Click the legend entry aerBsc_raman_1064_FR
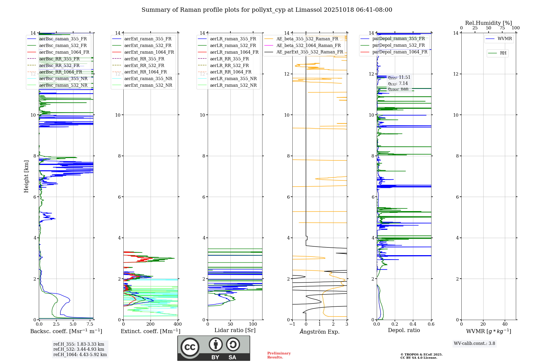pyautogui.click(x=64, y=52)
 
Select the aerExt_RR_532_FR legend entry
pyautogui.click(x=144, y=66)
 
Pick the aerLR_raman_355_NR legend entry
pyautogui.click(x=233, y=79)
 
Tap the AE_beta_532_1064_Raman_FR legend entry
pyautogui.click(x=308, y=46)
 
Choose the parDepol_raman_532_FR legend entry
pyautogui.click(x=398, y=45)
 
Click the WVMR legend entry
pyautogui.click(x=505, y=39)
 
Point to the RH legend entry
pyautogui.click(x=503, y=53)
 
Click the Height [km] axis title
pyautogui.click(x=26, y=176)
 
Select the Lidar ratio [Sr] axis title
pyautogui.click(x=235, y=330)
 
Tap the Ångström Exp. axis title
pyautogui.click(x=320, y=332)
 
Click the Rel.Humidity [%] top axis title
pyautogui.click(x=488, y=23)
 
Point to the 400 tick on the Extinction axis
pyautogui.click(x=178, y=324)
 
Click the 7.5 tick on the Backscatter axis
pyautogui.click(x=90, y=324)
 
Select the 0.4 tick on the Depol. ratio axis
pyautogui.click(x=413, y=324)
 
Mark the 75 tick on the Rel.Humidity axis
pyautogui.click(x=502, y=28)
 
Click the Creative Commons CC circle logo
pyautogui.click(x=190, y=347)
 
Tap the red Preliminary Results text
pyautogui.click(x=279, y=355)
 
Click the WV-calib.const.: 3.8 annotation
pyautogui.click(x=474, y=344)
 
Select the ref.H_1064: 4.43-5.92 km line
pyautogui.click(x=80, y=355)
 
